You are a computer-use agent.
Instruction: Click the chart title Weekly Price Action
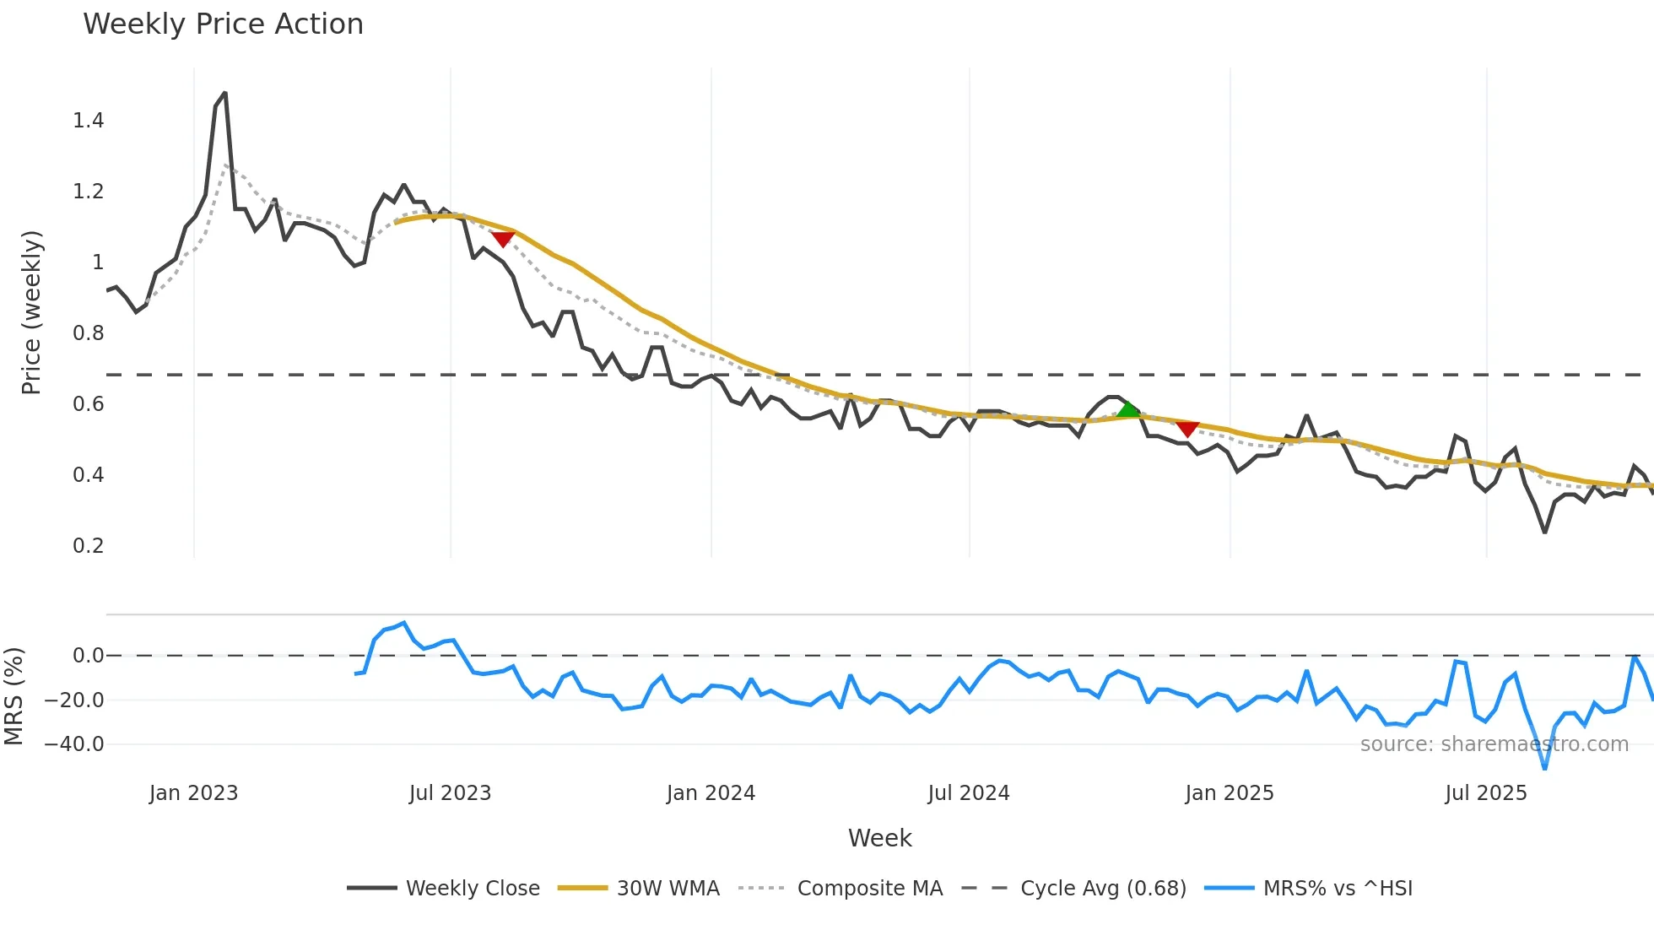click(x=223, y=24)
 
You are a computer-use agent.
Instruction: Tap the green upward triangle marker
click(x=1128, y=410)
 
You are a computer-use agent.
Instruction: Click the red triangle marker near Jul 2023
click(x=503, y=240)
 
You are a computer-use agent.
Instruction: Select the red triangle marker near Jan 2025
click(x=1187, y=429)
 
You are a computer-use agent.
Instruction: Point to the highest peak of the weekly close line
click(x=224, y=93)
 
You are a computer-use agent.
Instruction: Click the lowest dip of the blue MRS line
click(x=1545, y=768)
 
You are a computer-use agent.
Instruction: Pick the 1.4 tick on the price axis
click(x=89, y=121)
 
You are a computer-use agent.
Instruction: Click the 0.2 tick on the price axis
click(x=89, y=546)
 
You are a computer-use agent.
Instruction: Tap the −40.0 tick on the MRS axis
click(x=74, y=744)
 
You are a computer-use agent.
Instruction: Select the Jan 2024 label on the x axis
click(x=711, y=793)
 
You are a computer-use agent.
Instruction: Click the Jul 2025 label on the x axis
click(x=1486, y=793)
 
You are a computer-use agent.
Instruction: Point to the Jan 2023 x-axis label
click(x=193, y=793)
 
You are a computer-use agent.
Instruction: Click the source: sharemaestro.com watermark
click(x=1495, y=744)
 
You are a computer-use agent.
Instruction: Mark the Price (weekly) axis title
click(x=31, y=312)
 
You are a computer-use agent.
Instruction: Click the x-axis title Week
click(x=879, y=838)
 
